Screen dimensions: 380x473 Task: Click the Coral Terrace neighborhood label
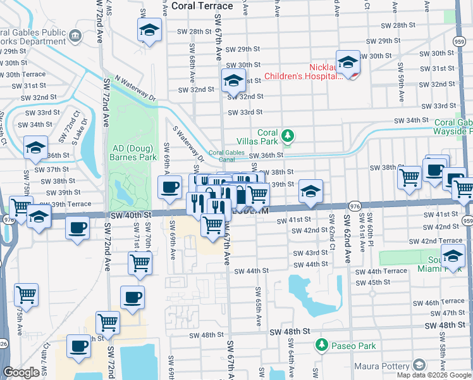(x=202, y=6)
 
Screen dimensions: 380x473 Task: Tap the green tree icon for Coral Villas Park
(x=288, y=135)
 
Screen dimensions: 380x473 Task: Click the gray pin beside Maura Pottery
(x=419, y=365)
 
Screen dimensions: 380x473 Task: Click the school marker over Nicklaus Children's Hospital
(x=347, y=63)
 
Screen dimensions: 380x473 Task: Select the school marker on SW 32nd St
(x=233, y=81)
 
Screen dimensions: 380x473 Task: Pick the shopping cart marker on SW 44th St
(x=140, y=262)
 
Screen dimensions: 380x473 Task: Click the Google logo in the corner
(x=21, y=373)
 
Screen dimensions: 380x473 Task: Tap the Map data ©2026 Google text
(x=434, y=375)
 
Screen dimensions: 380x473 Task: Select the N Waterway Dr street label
(x=135, y=88)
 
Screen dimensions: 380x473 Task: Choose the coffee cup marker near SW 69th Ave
(x=169, y=187)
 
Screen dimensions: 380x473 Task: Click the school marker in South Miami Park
(x=453, y=256)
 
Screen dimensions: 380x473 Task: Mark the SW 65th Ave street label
(x=259, y=307)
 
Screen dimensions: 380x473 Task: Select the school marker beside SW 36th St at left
(x=36, y=148)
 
